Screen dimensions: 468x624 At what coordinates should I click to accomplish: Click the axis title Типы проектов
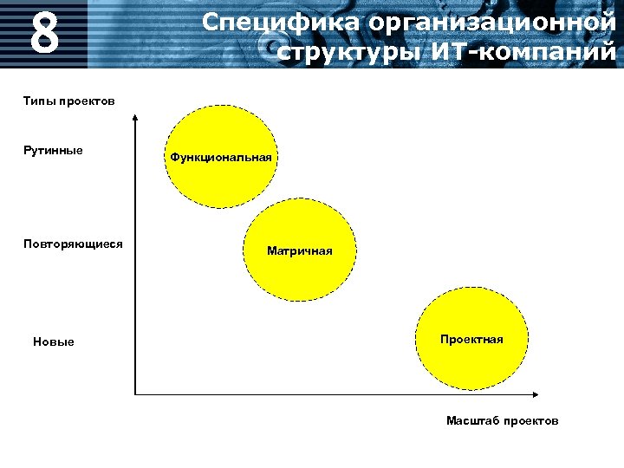(68, 101)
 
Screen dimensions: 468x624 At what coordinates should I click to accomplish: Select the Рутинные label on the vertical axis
(53, 151)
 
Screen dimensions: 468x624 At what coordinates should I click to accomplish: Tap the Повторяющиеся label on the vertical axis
(73, 244)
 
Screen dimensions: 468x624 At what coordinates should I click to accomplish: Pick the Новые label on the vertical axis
(54, 341)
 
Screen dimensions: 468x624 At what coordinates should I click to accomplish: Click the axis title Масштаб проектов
(503, 420)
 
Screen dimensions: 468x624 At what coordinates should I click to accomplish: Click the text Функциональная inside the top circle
(221, 158)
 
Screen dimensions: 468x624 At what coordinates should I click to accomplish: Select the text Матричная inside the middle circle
(299, 251)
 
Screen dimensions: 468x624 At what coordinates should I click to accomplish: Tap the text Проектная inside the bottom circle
(471, 339)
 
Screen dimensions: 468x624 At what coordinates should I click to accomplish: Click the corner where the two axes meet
(135, 393)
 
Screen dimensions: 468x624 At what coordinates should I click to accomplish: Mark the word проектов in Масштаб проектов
(531, 420)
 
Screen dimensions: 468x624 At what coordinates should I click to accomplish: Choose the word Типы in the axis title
(37, 101)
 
